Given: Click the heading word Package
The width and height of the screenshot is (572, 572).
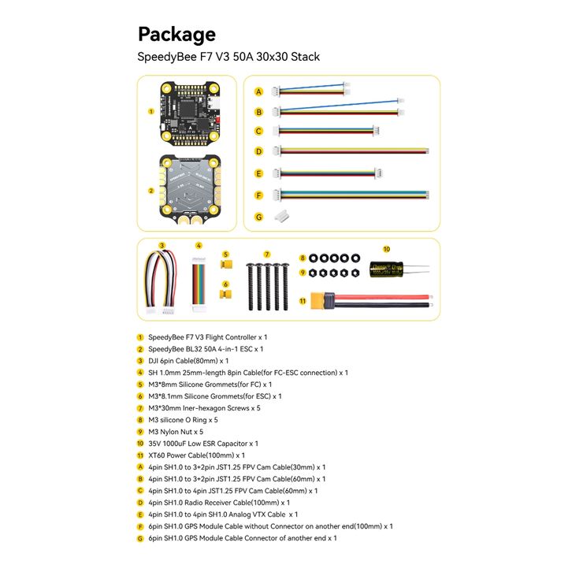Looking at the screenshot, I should tap(176, 34).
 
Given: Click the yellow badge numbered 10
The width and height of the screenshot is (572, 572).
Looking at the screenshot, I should tap(386, 248).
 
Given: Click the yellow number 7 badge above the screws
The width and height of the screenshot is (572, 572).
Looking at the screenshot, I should tap(267, 254).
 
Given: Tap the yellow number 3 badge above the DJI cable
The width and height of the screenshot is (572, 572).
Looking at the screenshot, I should tap(161, 246).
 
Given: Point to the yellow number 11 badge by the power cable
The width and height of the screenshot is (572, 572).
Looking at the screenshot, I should tap(303, 299).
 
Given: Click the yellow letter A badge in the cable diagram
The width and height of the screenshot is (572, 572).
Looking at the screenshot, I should tap(258, 91).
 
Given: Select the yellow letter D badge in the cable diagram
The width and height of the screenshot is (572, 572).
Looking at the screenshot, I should tap(258, 150).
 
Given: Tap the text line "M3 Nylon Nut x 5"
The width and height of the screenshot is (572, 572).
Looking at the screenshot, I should tap(176, 431).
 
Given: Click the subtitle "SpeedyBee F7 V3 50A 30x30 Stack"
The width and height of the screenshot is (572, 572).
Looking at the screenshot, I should tap(228, 57).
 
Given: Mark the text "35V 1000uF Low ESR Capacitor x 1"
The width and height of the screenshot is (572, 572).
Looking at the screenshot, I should tap(203, 443).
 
